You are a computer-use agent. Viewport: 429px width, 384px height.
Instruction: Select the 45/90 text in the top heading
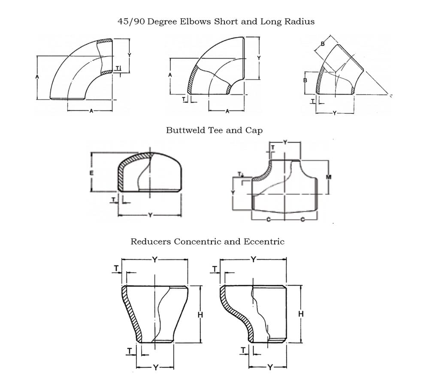click(x=131, y=21)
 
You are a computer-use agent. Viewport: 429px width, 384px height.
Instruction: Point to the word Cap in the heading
click(x=254, y=130)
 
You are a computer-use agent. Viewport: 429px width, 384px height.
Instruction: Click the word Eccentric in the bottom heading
click(x=264, y=241)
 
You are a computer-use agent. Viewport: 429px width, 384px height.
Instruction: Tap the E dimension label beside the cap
click(x=91, y=173)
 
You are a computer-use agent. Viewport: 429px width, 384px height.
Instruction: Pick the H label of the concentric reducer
click(x=199, y=315)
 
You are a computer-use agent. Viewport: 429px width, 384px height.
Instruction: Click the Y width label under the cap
click(x=150, y=215)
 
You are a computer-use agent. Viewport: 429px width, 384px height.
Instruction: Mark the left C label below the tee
click(x=268, y=220)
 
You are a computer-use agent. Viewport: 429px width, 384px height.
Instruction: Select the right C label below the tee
click(x=302, y=220)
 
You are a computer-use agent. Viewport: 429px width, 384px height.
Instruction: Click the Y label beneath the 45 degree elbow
click(x=335, y=113)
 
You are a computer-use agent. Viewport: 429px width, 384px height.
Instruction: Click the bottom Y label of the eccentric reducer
click(x=269, y=367)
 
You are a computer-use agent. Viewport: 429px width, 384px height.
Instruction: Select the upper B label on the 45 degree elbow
click(x=323, y=43)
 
